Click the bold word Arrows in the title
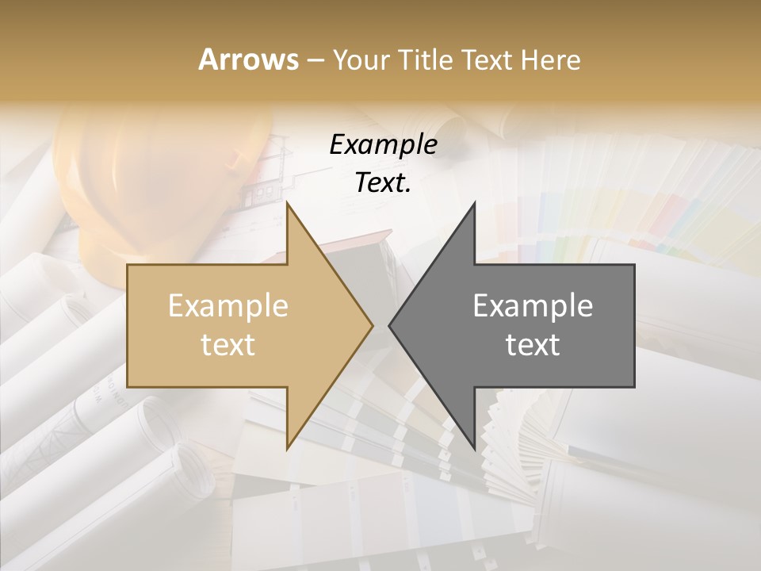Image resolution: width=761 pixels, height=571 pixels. click(248, 59)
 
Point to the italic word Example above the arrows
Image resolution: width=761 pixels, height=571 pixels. click(384, 144)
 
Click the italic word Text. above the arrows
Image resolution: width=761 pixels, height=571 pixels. click(384, 183)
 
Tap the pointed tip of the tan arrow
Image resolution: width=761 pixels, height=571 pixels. click(373, 325)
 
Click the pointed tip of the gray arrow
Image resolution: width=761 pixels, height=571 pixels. click(389, 325)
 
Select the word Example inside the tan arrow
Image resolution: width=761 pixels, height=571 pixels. click(228, 306)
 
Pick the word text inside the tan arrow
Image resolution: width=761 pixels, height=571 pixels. click(228, 345)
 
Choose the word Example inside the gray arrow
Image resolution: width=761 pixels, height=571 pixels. click(533, 306)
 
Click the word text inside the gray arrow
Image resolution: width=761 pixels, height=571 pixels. click(533, 345)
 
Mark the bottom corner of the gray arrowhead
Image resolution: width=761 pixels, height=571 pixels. click(474, 449)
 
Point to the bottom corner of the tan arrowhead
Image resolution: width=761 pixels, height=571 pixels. click(287, 449)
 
